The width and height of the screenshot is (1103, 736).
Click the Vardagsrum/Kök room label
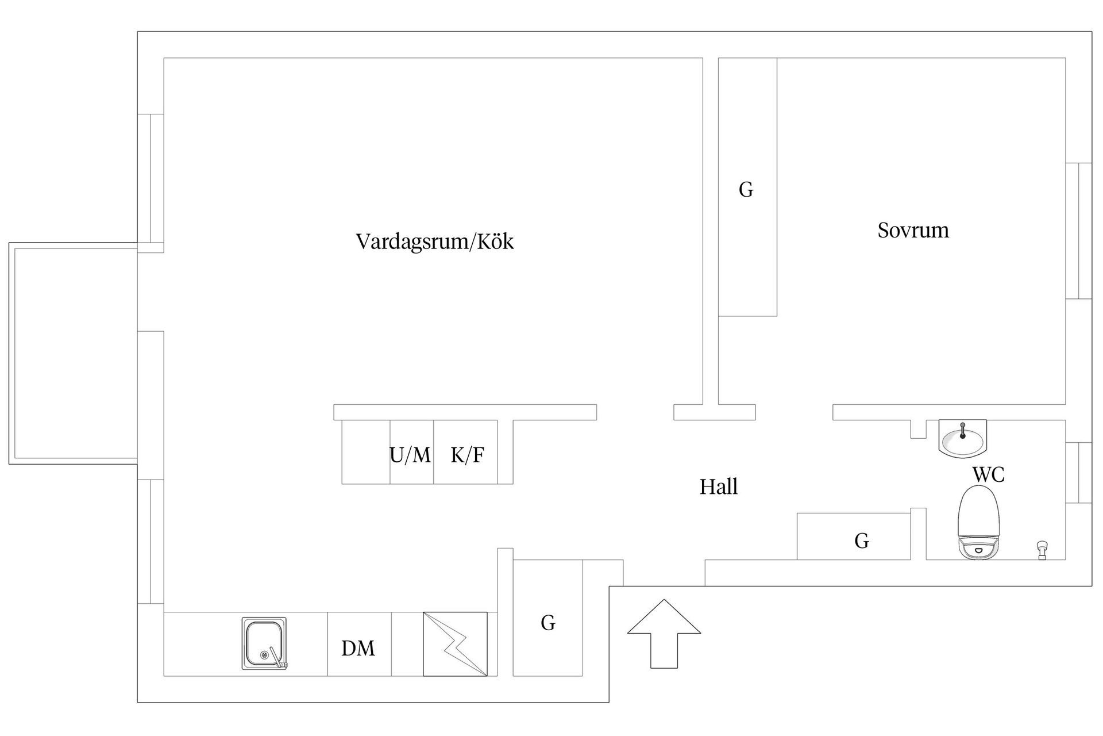(x=435, y=241)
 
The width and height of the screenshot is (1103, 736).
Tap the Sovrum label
(x=913, y=230)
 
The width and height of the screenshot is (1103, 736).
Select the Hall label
(x=719, y=487)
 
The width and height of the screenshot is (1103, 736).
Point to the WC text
(x=988, y=474)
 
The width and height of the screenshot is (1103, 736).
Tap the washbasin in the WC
(x=962, y=438)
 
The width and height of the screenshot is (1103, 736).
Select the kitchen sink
(x=264, y=643)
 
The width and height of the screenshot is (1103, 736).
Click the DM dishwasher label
(x=358, y=649)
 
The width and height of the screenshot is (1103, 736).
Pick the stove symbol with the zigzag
(x=455, y=644)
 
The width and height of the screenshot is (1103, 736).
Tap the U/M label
(x=410, y=455)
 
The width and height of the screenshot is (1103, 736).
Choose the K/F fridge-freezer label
(x=467, y=455)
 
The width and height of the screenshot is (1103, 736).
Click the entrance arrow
(x=664, y=633)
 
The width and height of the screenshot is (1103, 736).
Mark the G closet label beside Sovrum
(x=746, y=190)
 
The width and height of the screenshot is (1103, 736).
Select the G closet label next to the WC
(x=862, y=540)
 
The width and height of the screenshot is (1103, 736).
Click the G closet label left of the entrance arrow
(x=548, y=622)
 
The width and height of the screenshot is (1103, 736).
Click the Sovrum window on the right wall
(x=1079, y=231)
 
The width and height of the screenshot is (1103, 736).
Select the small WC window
(x=1079, y=473)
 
